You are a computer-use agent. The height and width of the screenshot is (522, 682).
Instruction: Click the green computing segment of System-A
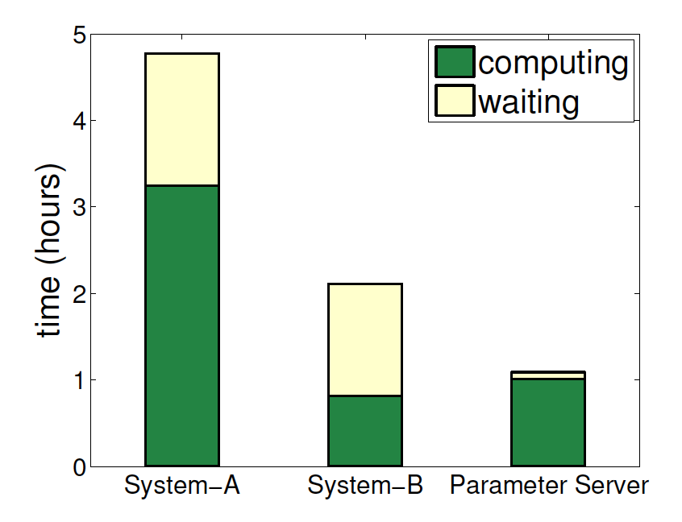(x=181, y=325)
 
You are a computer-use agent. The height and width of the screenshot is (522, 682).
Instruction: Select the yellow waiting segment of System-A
(x=181, y=119)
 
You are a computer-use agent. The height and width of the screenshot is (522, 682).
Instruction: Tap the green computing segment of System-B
(x=365, y=430)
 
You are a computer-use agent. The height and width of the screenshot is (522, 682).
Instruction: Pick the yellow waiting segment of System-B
(x=365, y=339)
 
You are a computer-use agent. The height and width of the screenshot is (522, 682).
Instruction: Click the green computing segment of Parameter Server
(x=548, y=422)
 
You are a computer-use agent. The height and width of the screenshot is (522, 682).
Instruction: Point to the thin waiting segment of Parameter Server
(x=548, y=375)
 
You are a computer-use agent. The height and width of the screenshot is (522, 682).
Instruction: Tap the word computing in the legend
(x=552, y=63)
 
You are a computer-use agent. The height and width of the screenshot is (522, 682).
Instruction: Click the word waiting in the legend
(x=528, y=101)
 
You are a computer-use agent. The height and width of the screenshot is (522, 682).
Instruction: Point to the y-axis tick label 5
(x=79, y=35)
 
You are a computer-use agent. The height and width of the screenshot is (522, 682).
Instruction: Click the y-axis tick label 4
(x=79, y=122)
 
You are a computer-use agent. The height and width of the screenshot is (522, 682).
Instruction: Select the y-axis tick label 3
(x=79, y=208)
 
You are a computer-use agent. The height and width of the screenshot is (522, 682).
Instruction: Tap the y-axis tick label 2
(x=79, y=294)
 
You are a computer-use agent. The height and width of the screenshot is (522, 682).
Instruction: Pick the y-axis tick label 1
(x=79, y=380)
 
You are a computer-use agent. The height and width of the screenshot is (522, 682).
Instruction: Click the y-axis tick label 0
(x=79, y=467)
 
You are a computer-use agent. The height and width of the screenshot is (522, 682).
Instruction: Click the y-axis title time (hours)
(x=48, y=252)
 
